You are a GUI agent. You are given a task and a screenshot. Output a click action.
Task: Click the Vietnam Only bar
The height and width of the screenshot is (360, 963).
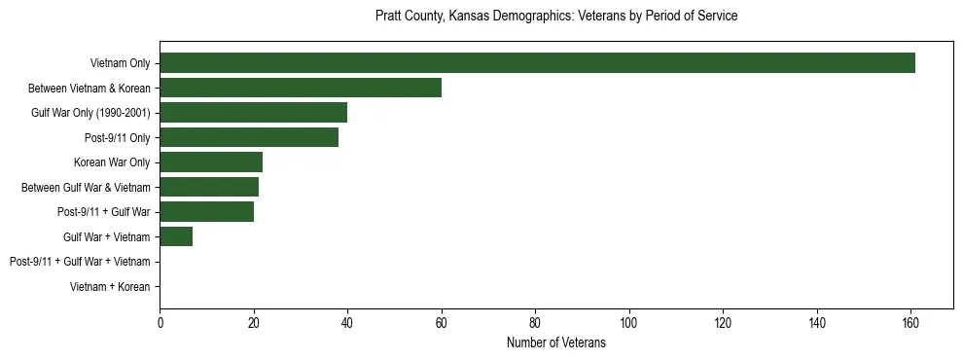tap(537, 63)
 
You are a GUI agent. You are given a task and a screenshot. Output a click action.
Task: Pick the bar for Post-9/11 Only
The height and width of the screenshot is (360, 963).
tap(249, 137)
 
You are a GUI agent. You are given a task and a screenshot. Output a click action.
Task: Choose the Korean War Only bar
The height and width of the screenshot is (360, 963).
tap(211, 162)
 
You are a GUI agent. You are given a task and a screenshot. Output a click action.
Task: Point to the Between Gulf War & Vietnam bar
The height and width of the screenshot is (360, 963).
tap(209, 187)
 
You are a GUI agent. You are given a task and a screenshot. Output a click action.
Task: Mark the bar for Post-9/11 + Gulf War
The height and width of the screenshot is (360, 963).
tap(206, 211)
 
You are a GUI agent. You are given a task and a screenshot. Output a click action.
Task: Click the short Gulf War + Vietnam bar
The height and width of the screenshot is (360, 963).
tap(176, 236)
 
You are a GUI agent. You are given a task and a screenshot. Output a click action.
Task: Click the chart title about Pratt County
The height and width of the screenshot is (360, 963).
tap(556, 17)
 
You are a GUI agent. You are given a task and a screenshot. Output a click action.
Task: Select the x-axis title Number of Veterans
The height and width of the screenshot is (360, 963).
tap(556, 343)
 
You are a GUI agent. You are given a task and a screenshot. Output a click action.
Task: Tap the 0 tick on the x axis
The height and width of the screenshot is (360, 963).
tap(160, 323)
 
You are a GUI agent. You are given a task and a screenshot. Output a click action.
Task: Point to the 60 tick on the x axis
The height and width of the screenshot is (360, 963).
tap(442, 323)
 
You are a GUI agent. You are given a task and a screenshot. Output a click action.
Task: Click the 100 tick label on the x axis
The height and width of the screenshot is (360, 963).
tap(629, 323)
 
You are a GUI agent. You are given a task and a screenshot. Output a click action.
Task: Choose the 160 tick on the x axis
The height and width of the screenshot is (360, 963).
tap(910, 323)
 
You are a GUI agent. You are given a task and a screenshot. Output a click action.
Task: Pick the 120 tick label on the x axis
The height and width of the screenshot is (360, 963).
tap(723, 323)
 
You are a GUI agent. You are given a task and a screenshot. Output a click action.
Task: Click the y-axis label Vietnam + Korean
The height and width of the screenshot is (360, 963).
tap(110, 287)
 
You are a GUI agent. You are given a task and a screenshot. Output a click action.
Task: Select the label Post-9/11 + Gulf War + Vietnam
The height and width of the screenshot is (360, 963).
tap(80, 262)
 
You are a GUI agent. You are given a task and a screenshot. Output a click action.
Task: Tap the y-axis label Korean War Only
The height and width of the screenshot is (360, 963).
tap(112, 162)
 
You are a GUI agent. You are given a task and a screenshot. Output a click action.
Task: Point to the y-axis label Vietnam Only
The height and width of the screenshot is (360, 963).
tap(120, 63)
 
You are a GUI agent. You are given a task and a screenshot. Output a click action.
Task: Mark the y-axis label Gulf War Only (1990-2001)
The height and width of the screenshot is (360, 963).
tap(90, 113)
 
